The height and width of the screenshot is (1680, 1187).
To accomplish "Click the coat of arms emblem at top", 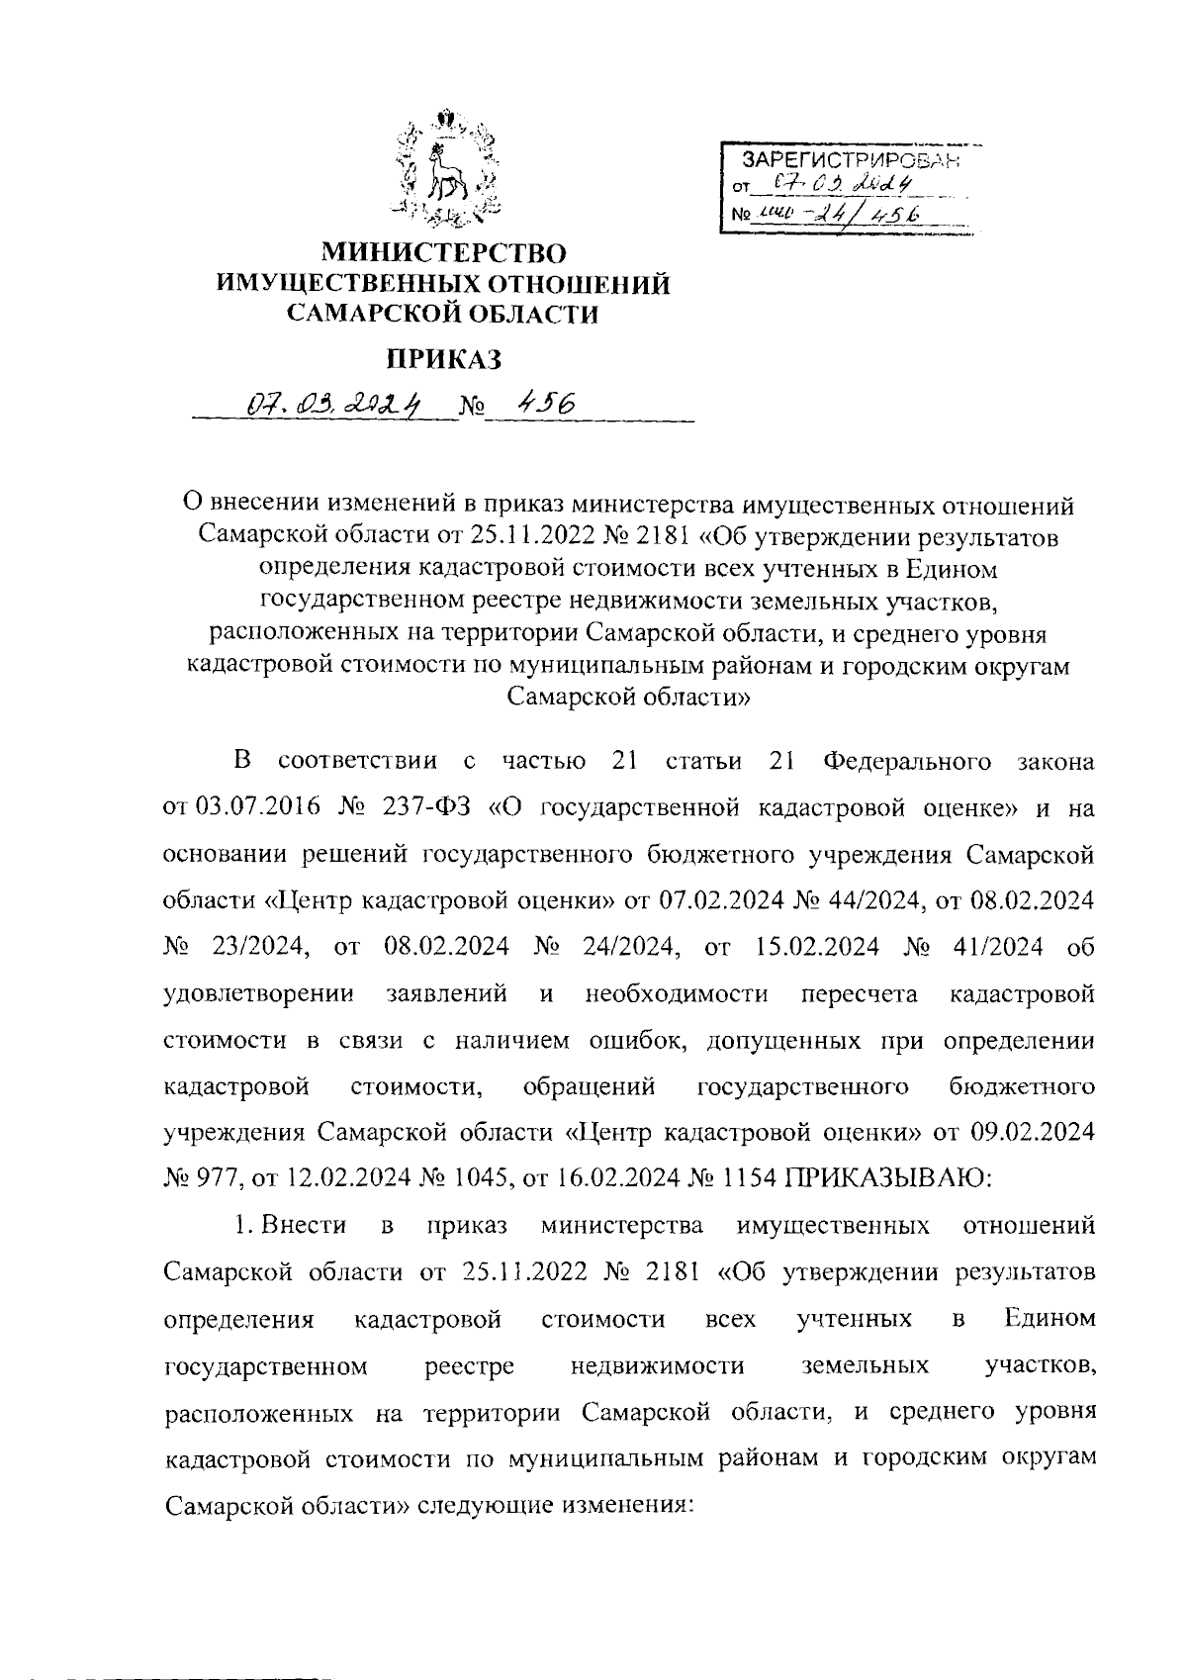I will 445,168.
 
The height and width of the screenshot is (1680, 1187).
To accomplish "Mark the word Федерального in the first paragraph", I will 907,762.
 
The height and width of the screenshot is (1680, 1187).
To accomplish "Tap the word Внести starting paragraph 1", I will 304,1226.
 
